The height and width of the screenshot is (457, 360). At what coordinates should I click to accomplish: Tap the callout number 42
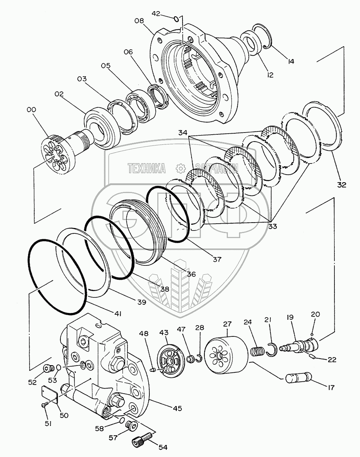pyautogui.click(x=156, y=13)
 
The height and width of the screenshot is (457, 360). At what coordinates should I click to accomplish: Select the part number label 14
pyautogui.click(x=291, y=61)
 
